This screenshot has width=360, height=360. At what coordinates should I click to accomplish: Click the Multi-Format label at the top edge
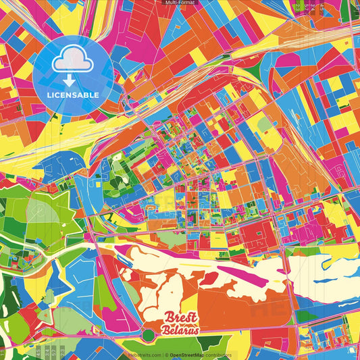180,3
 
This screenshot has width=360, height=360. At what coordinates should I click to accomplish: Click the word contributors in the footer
218,355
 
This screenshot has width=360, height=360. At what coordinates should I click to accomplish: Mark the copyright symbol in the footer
166,355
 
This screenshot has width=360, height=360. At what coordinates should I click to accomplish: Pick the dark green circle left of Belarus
149,335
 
